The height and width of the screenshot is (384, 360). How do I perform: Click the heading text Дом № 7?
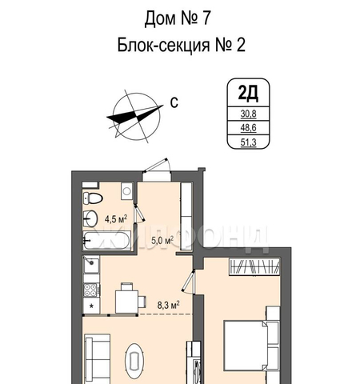pos(178,18)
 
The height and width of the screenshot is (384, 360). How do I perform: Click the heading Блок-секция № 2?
pos(181,45)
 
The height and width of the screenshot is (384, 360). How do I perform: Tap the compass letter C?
pos(174,102)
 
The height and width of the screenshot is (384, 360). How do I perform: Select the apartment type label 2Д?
pos(248,93)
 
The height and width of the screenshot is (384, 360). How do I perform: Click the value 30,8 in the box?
pos(248,114)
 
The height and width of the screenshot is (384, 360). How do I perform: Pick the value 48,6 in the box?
pos(248,128)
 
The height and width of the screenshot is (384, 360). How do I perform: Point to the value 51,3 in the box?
pos(248,142)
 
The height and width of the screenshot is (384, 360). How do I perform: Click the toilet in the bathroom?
pos(92,198)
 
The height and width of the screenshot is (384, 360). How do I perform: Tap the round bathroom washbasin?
pos(90,218)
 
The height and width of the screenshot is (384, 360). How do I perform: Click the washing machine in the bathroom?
pos(126,191)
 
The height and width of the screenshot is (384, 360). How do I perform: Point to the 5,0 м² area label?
pos(162,241)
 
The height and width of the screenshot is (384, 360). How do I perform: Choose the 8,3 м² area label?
pos(168,305)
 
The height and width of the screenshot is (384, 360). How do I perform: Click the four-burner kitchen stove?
pos(91,290)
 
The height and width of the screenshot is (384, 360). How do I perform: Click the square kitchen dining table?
pos(126,302)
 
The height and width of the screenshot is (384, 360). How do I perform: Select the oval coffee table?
pos(135,361)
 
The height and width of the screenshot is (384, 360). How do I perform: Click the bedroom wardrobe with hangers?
pos(254,266)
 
